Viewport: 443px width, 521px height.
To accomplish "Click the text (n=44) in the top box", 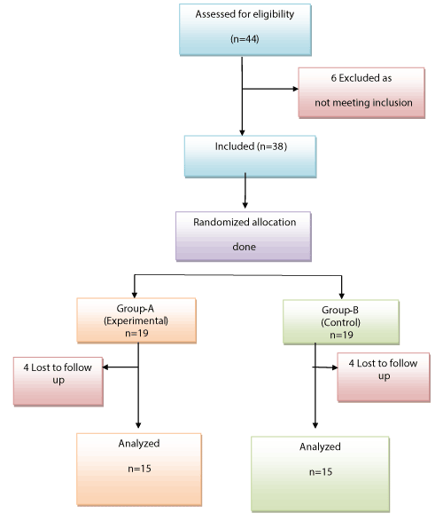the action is (245, 39).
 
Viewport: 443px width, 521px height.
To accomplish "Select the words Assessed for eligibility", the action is (245, 14).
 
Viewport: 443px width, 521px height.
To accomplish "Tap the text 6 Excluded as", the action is (361, 78).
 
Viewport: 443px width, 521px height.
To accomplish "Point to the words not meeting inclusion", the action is (363, 103).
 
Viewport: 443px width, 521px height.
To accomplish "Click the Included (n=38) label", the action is (251, 146).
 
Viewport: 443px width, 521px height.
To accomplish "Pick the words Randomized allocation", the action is (245, 222).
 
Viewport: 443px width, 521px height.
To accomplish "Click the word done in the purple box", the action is (244, 247).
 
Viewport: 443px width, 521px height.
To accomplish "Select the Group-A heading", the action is (136, 309).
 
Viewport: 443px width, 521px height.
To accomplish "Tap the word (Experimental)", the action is (136, 321).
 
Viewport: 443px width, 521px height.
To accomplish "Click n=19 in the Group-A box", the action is (136, 333).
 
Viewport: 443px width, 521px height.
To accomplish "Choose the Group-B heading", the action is (340, 311).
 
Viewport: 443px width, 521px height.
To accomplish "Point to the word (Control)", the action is (340, 323).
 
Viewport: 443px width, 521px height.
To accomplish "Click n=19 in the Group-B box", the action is (341, 335).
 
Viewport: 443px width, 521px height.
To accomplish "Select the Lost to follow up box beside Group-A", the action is (58, 382).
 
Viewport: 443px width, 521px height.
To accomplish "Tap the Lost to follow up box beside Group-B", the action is (384, 377).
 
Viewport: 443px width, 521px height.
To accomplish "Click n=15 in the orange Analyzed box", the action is (139, 469).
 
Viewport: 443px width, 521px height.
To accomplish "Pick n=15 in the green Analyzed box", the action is (321, 472).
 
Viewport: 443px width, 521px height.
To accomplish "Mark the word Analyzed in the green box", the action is (320, 447).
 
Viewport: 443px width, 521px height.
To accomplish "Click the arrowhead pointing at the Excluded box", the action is (295, 89).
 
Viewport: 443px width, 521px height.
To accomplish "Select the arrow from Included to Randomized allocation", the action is (245, 191).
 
